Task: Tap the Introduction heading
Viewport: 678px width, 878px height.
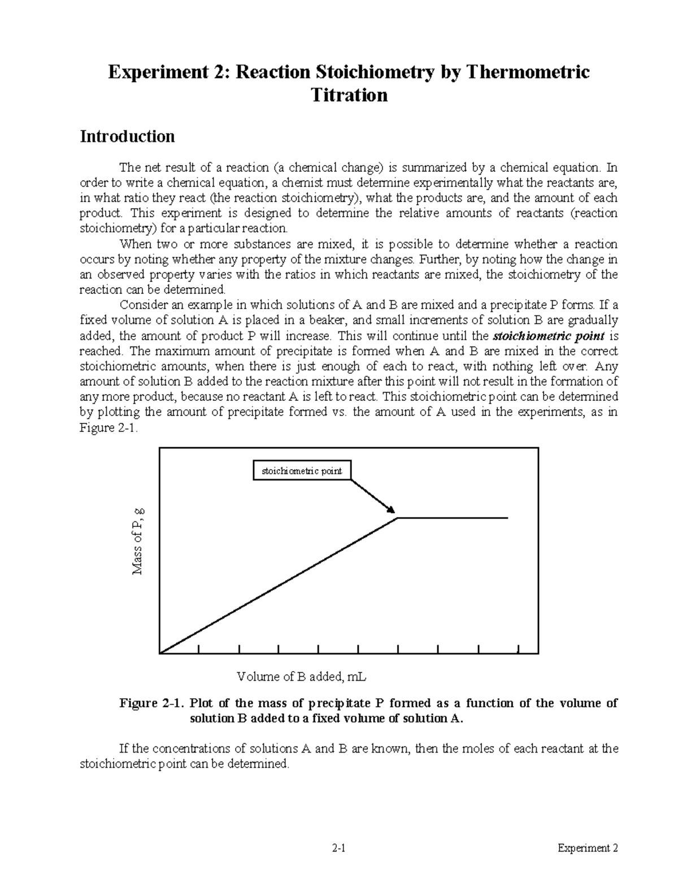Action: point(127,136)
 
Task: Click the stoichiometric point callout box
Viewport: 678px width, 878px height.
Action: point(301,471)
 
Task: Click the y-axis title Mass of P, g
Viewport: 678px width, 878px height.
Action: point(138,541)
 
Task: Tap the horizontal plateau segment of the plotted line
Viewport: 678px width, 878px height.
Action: point(452,517)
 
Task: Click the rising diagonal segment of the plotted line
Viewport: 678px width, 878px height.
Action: point(280,585)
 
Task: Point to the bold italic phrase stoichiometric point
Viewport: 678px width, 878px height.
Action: point(549,336)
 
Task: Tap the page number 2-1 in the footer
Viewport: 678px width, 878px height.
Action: point(339,848)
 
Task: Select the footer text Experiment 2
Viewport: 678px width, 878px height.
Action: point(588,848)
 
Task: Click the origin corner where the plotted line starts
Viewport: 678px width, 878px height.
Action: point(162,652)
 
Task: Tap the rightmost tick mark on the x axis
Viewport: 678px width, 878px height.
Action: point(518,648)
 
